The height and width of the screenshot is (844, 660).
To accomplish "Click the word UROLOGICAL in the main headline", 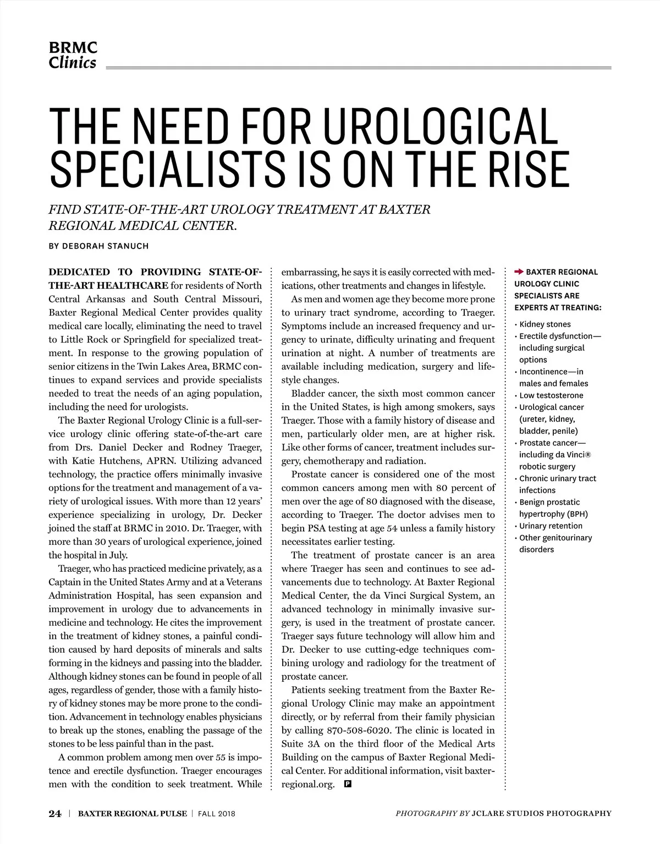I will point(439,126).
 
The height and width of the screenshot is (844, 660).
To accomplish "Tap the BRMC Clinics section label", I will point(73,55).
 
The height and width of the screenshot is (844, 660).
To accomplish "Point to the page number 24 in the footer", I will point(54,813).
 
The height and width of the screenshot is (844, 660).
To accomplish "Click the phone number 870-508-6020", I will point(359,730).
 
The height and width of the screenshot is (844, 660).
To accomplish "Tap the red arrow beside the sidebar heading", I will point(519,272).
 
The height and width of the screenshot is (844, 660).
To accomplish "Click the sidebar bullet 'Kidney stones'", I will point(544,324).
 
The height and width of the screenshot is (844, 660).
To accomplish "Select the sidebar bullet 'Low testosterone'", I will point(551,395).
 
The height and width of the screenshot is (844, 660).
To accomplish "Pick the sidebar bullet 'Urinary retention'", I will point(551,526).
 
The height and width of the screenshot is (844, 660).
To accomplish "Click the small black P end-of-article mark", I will point(347,784).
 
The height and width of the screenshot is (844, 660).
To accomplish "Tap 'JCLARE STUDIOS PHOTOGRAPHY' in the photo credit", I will point(541,813).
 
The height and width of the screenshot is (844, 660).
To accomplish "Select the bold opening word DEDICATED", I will point(79,272).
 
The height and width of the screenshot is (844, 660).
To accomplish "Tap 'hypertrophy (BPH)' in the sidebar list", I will point(553,514).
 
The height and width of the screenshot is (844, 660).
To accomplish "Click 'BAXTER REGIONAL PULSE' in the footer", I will point(132,813).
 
